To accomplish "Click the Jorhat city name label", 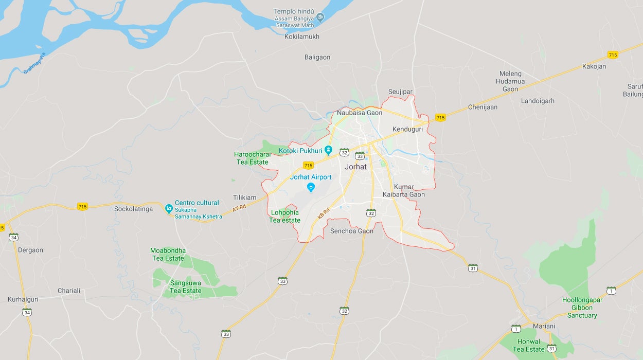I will click(x=355, y=167).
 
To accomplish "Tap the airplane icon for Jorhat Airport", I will click(x=311, y=187).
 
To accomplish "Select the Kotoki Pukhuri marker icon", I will click(x=329, y=151).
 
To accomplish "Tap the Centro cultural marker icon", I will click(x=169, y=208).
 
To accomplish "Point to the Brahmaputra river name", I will click(x=34, y=63).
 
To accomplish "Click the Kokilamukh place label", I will click(x=302, y=37).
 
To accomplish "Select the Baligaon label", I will click(x=317, y=57).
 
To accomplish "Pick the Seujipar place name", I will click(x=400, y=92).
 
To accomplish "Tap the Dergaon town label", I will click(x=31, y=250).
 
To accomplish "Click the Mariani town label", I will click(x=544, y=326).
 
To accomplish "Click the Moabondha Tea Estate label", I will click(x=168, y=255).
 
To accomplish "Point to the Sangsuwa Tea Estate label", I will click(x=186, y=287).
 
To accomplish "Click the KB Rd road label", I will click(x=323, y=213).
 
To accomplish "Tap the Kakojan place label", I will click(x=594, y=66).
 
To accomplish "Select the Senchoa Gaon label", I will click(x=352, y=231).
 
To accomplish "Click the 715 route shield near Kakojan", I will click(x=612, y=55).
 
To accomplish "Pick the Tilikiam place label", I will click(x=245, y=197).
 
